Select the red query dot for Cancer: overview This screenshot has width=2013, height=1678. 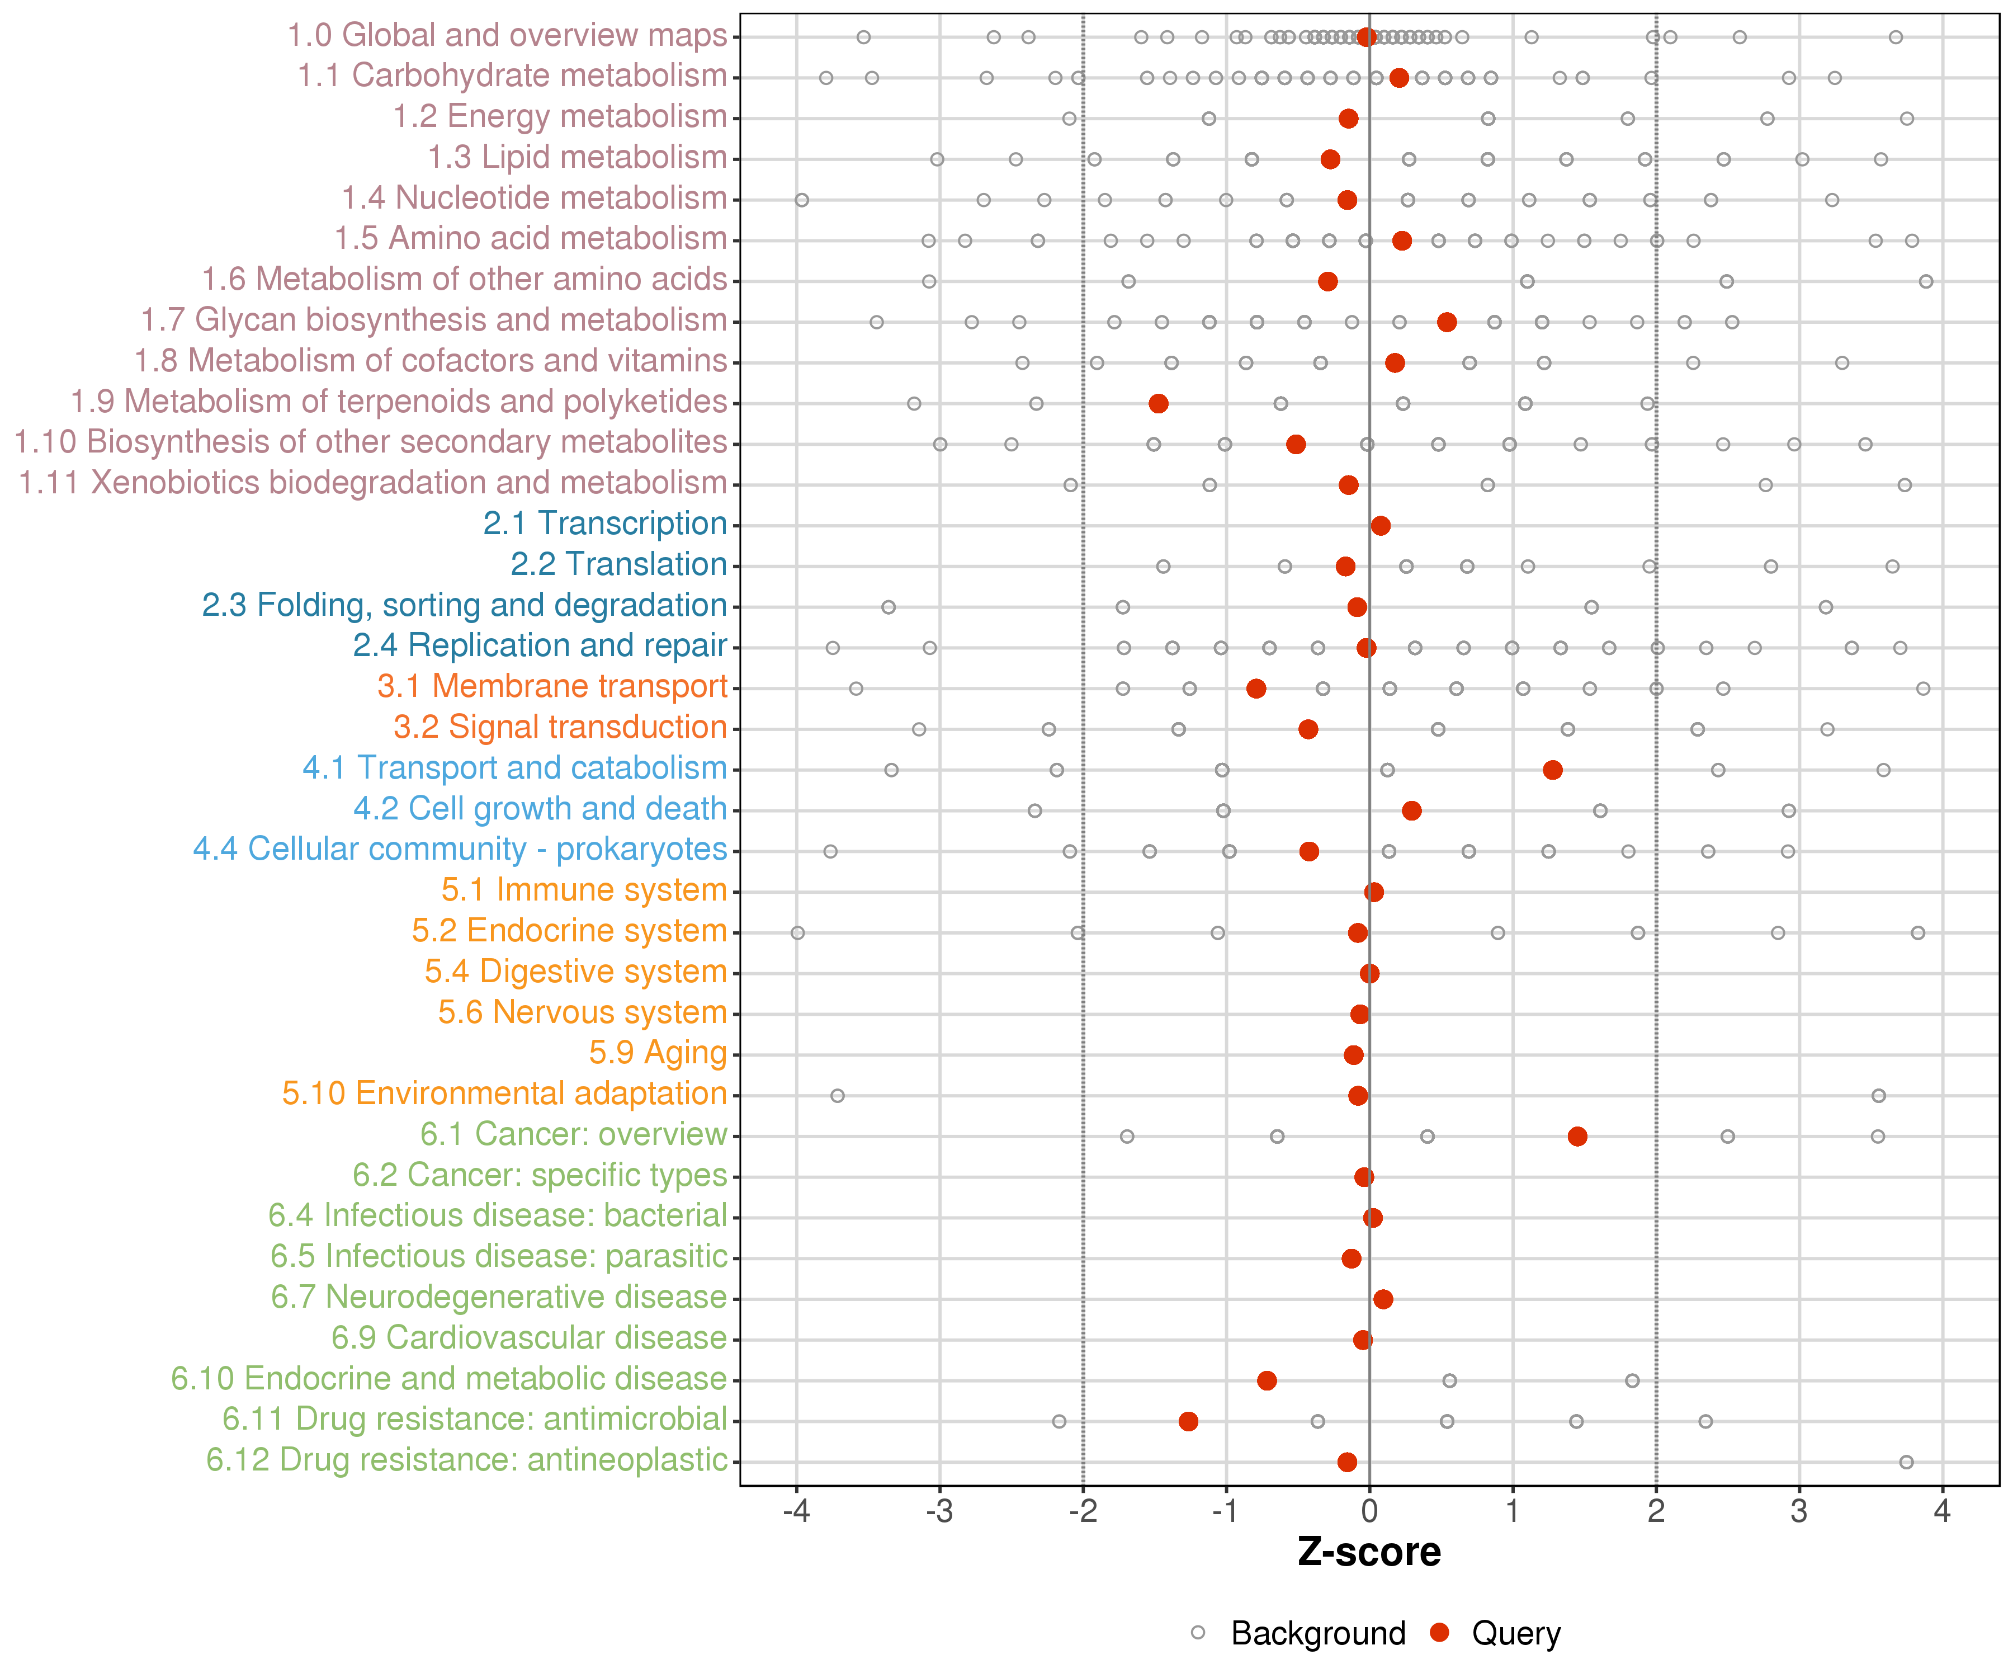[1577, 1136]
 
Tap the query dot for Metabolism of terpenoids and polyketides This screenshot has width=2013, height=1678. [1158, 404]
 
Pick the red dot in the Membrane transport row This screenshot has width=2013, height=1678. [1256, 689]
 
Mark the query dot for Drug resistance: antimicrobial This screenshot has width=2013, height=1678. [1188, 1421]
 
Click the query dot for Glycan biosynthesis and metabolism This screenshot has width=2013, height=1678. [1447, 322]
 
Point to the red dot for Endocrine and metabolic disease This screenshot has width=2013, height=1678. [1267, 1381]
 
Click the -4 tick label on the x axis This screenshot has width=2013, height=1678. [796, 1512]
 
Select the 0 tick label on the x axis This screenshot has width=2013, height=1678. [1369, 1512]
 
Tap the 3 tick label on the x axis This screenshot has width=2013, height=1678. [1799, 1512]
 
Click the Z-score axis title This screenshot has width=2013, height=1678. [1369, 1552]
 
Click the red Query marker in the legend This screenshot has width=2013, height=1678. [1439, 1633]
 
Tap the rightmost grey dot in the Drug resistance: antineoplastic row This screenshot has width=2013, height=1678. [1906, 1462]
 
